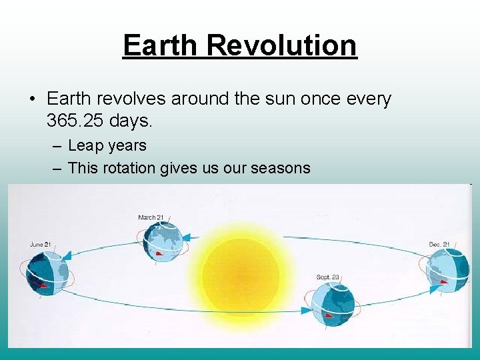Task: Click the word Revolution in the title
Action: [x=282, y=45]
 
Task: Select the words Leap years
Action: [x=107, y=145]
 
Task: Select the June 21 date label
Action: [x=41, y=245]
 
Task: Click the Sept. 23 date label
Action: [x=329, y=277]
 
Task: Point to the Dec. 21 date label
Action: [x=439, y=245]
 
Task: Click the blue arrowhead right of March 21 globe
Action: [x=189, y=236]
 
